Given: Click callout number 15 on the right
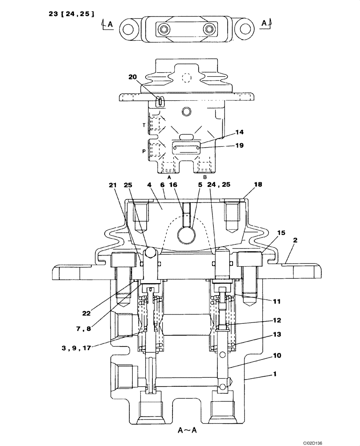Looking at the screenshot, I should (281, 232).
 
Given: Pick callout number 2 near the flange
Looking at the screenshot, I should (295, 240).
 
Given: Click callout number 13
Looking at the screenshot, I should (277, 334).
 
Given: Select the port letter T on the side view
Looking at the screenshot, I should (144, 125).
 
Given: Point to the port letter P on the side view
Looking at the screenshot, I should (144, 151).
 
